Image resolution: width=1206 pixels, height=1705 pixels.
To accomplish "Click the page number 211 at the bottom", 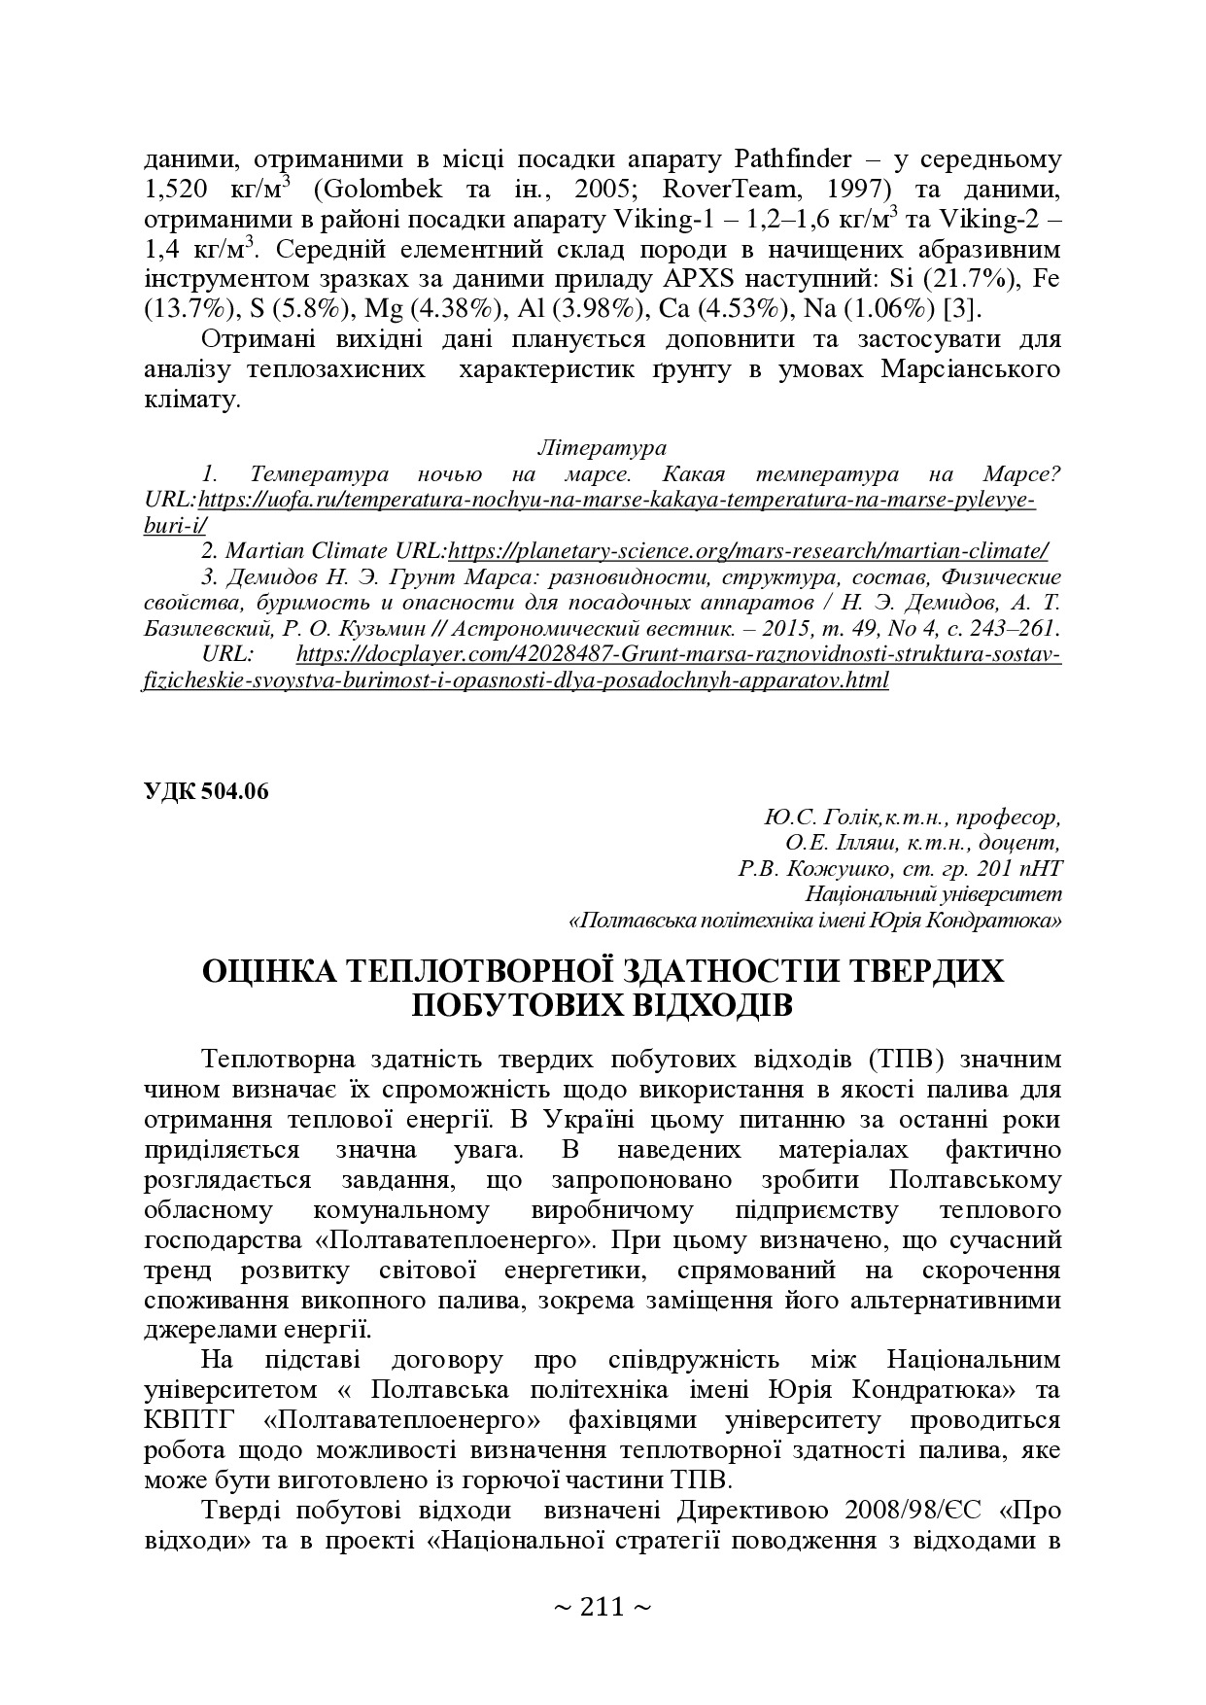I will pos(602,1606).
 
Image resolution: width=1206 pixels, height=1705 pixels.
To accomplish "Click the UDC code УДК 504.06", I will pos(205,790).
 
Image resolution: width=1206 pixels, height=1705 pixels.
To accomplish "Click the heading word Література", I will pos(602,448).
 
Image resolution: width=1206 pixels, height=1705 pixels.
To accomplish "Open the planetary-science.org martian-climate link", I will pos(748,551).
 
